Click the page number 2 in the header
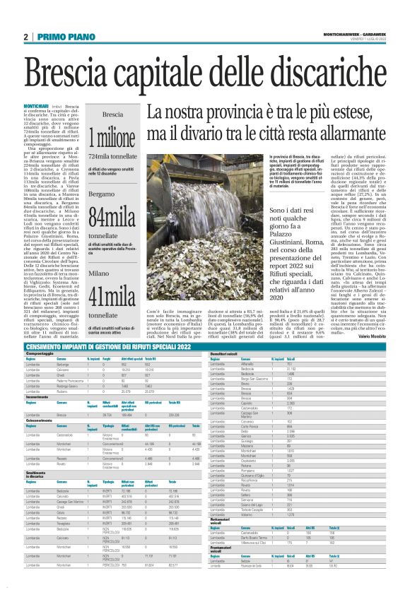[25, 36]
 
